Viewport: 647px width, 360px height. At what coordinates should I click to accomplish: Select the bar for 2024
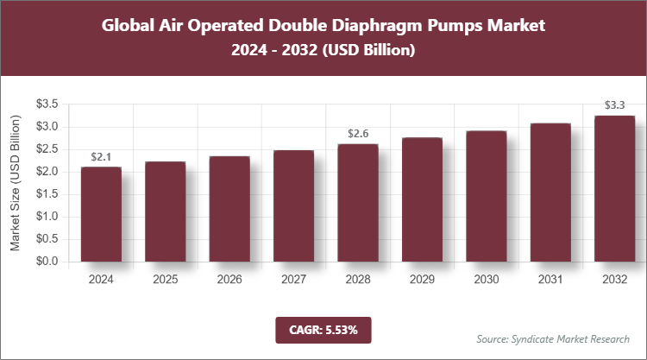pyautogui.click(x=101, y=214)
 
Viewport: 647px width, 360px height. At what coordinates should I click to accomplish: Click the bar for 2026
pyautogui.click(x=229, y=209)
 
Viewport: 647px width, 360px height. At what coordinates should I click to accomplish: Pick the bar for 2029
pyautogui.click(x=422, y=199)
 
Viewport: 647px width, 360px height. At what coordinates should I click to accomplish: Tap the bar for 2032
pyautogui.click(x=614, y=188)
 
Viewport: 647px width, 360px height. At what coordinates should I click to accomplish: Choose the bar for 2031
pyautogui.click(x=550, y=193)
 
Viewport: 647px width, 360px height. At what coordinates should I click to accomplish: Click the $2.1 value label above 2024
pyautogui.click(x=101, y=156)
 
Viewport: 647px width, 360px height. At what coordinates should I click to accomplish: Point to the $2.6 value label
pyautogui.click(x=358, y=134)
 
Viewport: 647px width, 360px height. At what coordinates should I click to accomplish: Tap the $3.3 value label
pyautogui.click(x=614, y=105)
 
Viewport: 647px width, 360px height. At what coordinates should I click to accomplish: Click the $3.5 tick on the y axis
pyautogui.click(x=47, y=104)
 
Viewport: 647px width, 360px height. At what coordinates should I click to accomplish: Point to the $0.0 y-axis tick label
pyautogui.click(x=47, y=261)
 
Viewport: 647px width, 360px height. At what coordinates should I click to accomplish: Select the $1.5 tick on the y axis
pyautogui.click(x=47, y=194)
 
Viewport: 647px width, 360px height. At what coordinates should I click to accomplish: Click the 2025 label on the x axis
pyautogui.click(x=165, y=280)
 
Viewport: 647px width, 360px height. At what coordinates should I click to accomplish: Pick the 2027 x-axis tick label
pyautogui.click(x=293, y=280)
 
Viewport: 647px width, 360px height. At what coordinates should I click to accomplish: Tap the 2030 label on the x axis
pyautogui.click(x=486, y=280)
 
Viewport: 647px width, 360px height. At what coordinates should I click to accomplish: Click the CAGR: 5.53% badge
pyautogui.click(x=323, y=329)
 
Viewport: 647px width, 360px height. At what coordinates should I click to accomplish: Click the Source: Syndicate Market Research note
pyautogui.click(x=552, y=338)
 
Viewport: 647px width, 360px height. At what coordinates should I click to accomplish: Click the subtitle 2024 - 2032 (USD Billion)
pyautogui.click(x=323, y=52)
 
